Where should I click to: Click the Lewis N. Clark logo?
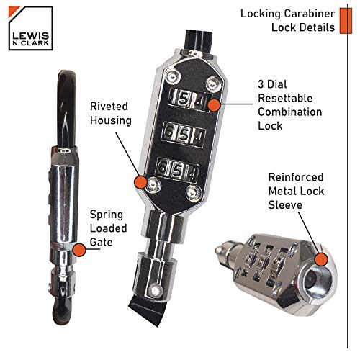tap(30, 28)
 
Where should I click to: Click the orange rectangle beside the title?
tap(346, 21)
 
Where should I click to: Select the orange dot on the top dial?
tap(214, 105)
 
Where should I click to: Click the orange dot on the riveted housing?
tap(141, 182)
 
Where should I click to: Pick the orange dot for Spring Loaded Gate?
tap(78, 250)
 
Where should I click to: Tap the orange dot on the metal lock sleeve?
tap(321, 259)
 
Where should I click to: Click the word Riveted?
tap(109, 107)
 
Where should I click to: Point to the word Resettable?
tap(285, 98)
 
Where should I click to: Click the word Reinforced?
tap(296, 177)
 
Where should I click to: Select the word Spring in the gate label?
tap(107, 215)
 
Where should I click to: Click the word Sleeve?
tap(285, 205)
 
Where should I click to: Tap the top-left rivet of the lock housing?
tap(173, 77)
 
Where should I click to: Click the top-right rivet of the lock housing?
tap(213, 84)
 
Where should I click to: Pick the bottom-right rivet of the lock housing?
tap(194, 192)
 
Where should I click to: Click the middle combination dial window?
tap(184, 135)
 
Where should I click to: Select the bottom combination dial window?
tap(177, 170)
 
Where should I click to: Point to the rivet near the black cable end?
tap(156, 290)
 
